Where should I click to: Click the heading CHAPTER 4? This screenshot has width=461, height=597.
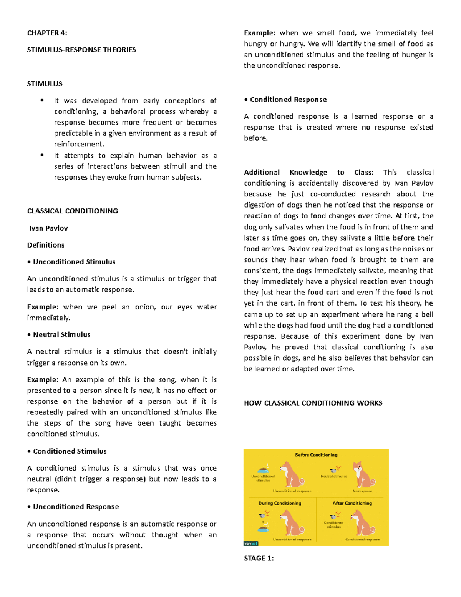coord(47,33)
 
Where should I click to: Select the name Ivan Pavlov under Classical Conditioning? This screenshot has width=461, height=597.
coord(48,228)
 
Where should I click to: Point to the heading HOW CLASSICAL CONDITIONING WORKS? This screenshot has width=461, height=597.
coord(313,403)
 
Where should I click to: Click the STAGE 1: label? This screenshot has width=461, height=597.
coord(259,559)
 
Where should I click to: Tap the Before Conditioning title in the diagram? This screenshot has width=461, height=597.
coord(316,455)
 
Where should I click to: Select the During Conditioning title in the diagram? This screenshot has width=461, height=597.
coord(280,503)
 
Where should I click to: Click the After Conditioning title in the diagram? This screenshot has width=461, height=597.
coord(352,503)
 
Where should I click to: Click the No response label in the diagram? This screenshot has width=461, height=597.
coord(362,491)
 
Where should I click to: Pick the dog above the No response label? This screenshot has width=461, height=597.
coord(363,475)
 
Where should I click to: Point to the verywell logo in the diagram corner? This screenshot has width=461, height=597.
coord(251,544)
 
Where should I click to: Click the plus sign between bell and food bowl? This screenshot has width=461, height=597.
coord(263,522)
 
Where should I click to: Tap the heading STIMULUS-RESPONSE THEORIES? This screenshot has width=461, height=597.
coord(81,50)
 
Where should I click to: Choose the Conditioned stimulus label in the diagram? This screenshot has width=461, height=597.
coord(333,525)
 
